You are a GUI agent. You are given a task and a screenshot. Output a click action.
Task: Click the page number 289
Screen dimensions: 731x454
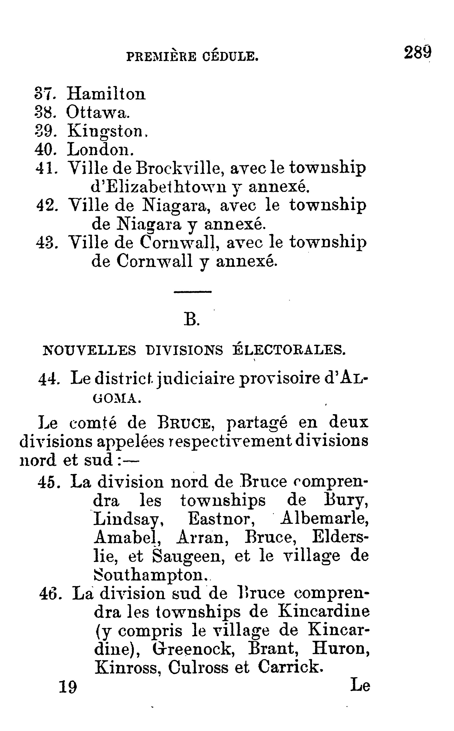tap(417, 53)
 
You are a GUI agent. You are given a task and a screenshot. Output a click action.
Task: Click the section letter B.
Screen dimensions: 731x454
tap(191, 320)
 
